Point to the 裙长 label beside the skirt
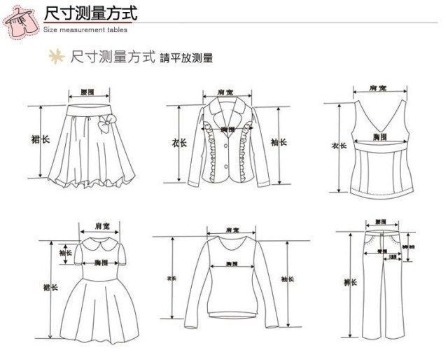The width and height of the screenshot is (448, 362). tap(41, 140)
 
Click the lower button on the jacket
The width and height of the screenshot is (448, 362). tap(227, 167)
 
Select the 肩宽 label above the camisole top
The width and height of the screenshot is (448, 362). tap(378, 88)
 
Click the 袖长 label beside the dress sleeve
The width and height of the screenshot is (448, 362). tap(65, 253)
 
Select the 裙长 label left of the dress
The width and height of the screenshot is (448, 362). tap(52, 287)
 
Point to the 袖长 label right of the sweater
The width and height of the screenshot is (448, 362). tap(287, 279)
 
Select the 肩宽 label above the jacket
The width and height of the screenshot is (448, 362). tap(226, 92)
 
